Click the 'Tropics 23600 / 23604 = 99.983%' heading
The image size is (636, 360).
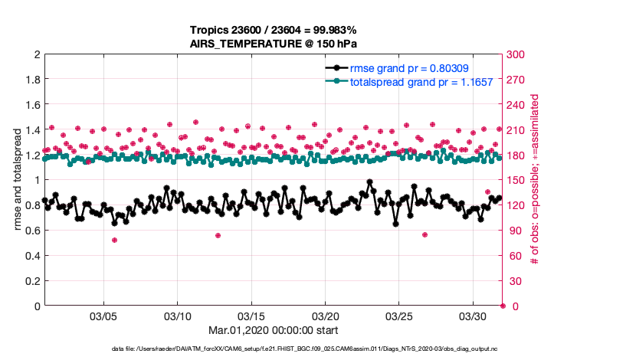coord(274,30)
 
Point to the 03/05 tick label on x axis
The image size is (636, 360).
coord(104,316)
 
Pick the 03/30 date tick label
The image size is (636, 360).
coord(473,316)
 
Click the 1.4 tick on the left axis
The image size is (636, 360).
coord(32,130)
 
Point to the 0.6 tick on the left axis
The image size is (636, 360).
coord(32,231)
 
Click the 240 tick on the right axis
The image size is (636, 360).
coord(516,105)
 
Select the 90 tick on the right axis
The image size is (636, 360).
coord(513,231)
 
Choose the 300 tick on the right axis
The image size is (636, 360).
coord(516,55)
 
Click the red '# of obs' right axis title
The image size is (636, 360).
coord(535,180)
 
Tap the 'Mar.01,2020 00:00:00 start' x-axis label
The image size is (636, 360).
coord(274,331)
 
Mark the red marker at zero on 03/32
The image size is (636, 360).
coord(503,306)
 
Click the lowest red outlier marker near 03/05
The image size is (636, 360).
coord(114,240)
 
